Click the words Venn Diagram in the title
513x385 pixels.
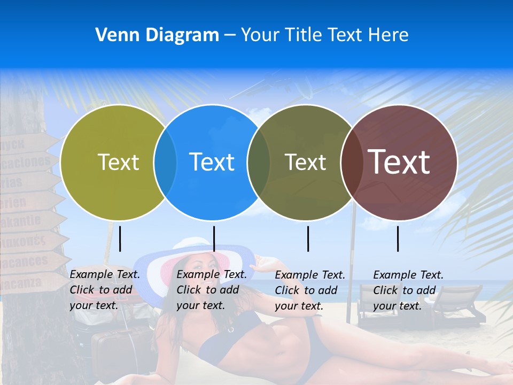[x=157, y=35]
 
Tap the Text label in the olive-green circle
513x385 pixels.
[x=118, y=162]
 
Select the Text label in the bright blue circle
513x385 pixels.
[x=212, y=162]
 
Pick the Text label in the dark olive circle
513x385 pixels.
[x=305, y=162]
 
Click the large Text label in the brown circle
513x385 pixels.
[x=399, y=162]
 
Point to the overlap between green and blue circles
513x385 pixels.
[x=165, y=163]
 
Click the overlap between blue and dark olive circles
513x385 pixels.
[x=259, y=163]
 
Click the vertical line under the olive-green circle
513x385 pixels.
[x=120, y=238]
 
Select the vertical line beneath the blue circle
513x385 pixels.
[x=214, y=238]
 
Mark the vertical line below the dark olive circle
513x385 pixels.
[x=308, y=238]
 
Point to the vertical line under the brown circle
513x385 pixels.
[x=398, y=238]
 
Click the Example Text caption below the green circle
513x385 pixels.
[x=105, y=290]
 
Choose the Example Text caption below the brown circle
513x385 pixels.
[x=408, y=290]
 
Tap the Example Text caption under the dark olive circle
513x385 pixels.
[x=310, y=290]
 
